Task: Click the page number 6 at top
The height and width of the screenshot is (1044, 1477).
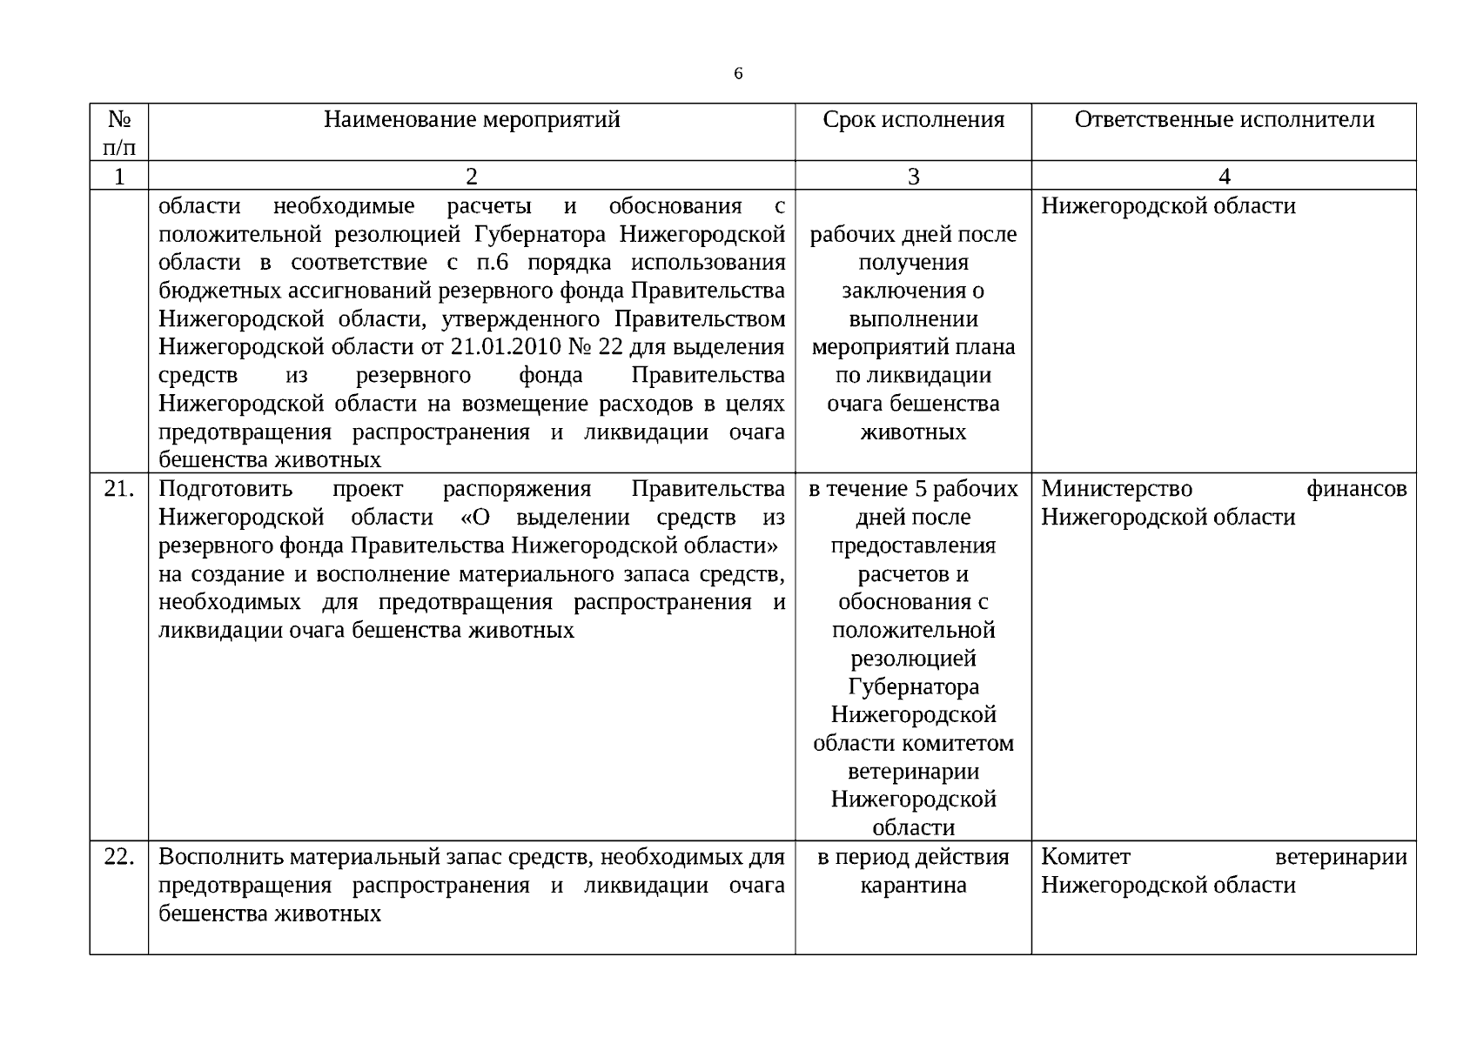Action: coord(738,74)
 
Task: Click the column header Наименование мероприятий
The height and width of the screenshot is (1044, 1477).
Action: coord(472,119)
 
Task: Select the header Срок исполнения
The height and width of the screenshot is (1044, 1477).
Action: coord(913,119)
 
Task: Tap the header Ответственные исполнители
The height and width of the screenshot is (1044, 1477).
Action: coord(1224,119)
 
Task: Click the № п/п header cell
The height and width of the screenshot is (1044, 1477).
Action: coord(119,132)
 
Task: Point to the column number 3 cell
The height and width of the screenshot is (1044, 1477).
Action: coord(913,177)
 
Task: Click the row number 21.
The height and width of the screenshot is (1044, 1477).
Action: coord(119,489)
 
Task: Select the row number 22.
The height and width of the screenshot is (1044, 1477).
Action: coord(119,857)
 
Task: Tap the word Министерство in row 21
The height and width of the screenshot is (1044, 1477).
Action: coord(1117,489)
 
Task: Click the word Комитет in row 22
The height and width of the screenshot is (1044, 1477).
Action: coord(1085,857)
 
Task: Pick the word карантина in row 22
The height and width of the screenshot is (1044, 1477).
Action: coord(913,886)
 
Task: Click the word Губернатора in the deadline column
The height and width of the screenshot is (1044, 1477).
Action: coord(913,687)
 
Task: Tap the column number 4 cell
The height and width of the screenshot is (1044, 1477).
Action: coord(1224,177)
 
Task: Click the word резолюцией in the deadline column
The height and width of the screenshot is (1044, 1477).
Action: coord(913,659)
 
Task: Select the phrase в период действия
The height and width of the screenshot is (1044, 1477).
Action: coord(913,857)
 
